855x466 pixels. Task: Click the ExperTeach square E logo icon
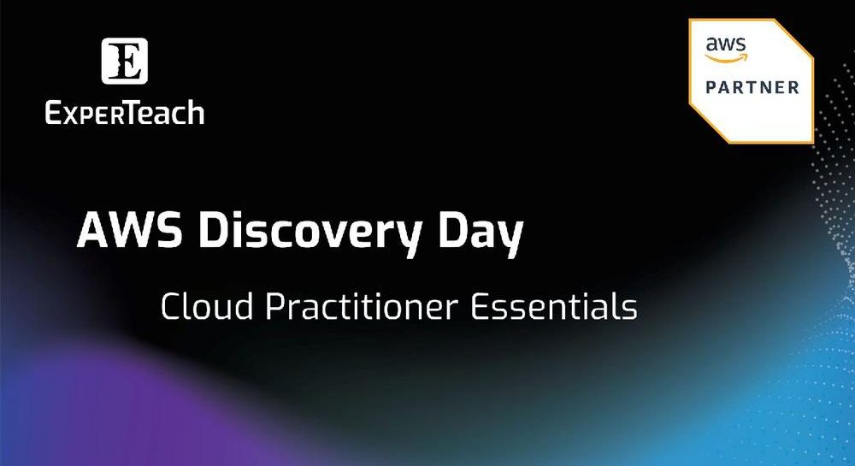(x=124, y=61)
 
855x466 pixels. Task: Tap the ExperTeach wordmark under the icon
(x=125, y=113)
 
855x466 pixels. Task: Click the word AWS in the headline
(x=130, y=230)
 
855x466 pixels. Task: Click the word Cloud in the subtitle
(x=207, y=306)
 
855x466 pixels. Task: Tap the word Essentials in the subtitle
(x=553, y=306)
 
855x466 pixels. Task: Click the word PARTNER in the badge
(x=752, y=87)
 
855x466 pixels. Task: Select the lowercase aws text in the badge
(x=725, y=44)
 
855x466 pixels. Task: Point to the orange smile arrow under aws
(x=727, y=58)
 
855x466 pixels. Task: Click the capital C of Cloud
(x=171, y=306)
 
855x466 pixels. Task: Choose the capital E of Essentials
(x=480, y=306)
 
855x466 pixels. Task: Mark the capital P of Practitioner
(x=275, y=306)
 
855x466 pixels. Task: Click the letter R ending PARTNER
(x=793, y=87)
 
